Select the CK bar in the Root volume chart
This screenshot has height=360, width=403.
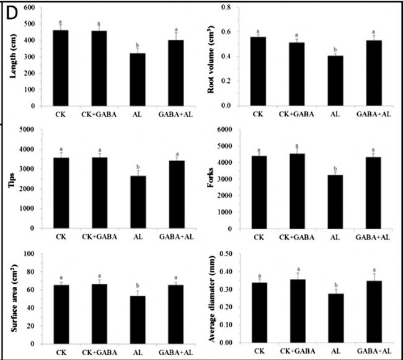click(x=258, y=71)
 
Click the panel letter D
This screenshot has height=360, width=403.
click(x=12, y=14)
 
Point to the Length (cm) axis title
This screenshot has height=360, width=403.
click(x=13, y=60)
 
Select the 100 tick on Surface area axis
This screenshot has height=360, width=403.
click(x=29, y=253)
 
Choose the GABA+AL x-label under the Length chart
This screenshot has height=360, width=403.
click(x=177, y=115)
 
